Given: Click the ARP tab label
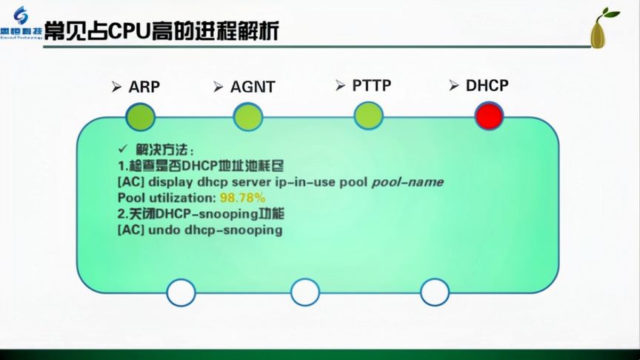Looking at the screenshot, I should pos(144,86).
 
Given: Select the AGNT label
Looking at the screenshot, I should pos(252,87).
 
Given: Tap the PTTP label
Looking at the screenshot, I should pos(371,85).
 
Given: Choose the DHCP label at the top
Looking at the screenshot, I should pos(487,85).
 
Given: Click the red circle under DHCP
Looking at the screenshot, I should pos(489,116).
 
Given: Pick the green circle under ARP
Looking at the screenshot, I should pos(141,116).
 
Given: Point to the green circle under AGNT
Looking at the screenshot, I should pos(248,116).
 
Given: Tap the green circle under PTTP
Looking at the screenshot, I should pos(368,116).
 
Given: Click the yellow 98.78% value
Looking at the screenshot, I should pos(242,198).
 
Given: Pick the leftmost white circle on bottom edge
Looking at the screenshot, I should pos(181,292).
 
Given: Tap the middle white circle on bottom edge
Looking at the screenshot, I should pos(304,292).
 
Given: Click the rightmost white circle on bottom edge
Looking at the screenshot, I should pos(435,292).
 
